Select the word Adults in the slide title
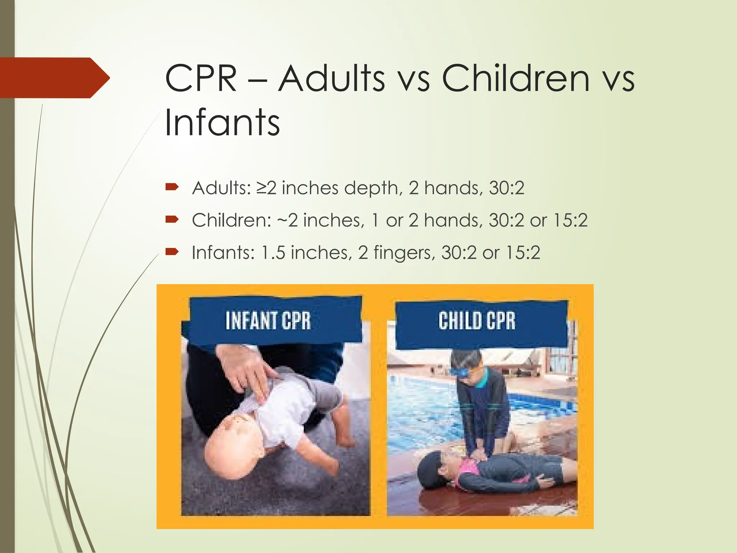point(331,78)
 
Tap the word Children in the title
point(515,78)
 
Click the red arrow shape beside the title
point(54,78)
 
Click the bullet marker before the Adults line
point(172,187)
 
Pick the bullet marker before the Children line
point(172,219)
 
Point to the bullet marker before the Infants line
point(172,252)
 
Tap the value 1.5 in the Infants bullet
point(273,252)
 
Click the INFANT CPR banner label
point(268,320)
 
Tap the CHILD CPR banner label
point(477,320)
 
